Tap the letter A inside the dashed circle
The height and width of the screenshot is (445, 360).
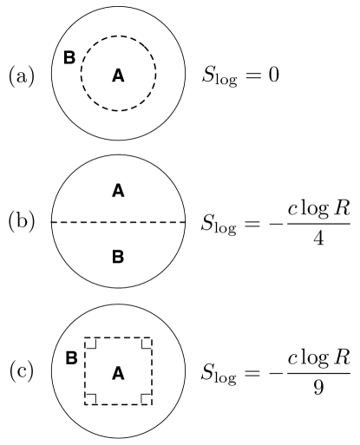pos(119,76)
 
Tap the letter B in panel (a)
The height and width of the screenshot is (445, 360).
pos(69,57)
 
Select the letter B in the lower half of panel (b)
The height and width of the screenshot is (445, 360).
pos(119,257)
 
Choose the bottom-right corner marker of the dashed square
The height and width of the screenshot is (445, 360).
pos(146,398)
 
